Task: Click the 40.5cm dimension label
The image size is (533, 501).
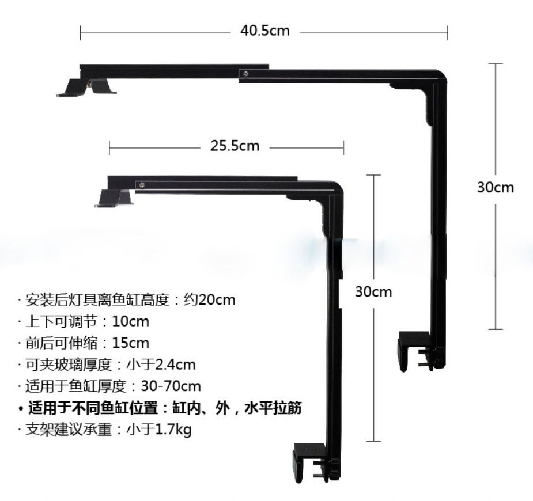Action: tap(265, 31)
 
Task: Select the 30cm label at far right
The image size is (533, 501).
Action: tap(496, 187)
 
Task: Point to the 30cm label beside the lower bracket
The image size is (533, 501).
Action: tap(373, 291)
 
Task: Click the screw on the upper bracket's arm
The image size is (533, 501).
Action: tap(246, 73)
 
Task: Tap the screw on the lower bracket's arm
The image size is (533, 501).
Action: tap(142, 185)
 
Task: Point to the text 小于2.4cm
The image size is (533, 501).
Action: tap(161, 365)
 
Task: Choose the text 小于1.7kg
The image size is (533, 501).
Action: tap(158, 430)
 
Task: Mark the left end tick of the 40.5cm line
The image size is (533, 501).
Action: tap(81, 31)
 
